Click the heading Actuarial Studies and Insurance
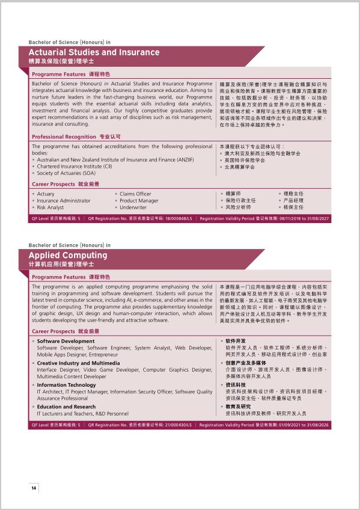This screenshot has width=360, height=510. [x=94, y=52]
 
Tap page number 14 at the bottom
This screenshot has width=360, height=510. [x=34, y=488]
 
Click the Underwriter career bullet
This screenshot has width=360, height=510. [x=133, y=207]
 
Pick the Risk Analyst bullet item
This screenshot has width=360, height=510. [x=50, y=207]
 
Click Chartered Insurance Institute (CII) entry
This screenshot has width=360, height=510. [x=75, y=167]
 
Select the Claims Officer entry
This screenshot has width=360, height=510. [x=135, y=194]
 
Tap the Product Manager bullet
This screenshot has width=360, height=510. [x=139, y=201]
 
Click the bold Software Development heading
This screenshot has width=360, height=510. [x=66, y=341]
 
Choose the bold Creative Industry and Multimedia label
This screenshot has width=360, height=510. [x=78, y=363]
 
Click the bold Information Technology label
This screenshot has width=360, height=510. [x=66, y=385]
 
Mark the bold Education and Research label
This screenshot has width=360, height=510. [x=66, y=407]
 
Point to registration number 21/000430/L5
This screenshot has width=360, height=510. [x=176, y=425]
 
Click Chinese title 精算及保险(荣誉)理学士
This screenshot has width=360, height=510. [x=61, y=62]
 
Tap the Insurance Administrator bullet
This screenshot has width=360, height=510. [x=64, y=201]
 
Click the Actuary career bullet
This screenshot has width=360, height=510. [x=46, y=194]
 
